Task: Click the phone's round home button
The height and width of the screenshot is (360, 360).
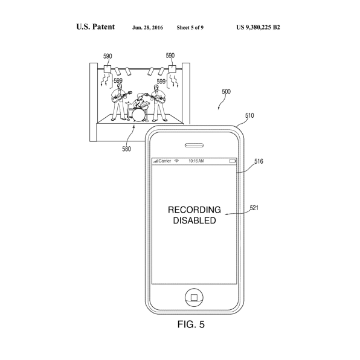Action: click(x=194, y=298)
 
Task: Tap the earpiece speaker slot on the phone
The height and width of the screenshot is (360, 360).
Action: click(x=194, y=145)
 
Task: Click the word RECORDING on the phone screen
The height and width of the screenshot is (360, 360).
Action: click(x=194, y=210)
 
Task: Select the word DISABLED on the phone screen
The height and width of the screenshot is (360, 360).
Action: click(x=194, y=220)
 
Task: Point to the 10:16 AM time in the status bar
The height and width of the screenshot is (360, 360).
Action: click(x=196, y=161)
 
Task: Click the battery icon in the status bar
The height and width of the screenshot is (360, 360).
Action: click(x=233, y=161)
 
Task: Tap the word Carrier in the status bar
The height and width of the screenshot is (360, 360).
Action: click(x=165, y=161)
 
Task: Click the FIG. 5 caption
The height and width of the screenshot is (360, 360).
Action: click(x=191, y=324)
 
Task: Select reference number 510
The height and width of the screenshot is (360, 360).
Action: click(x=249, y=115)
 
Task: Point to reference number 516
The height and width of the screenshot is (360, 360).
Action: click(x=259, y=161)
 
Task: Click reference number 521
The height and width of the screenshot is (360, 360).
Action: click(x=254, y=208)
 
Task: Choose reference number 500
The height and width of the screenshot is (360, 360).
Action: click(x=226, y=92)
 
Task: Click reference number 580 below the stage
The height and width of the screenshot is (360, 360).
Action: click(x=126, y=149)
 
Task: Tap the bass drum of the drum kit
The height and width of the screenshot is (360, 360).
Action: click(x=138, y=115)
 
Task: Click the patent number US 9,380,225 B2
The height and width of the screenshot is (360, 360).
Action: click(x=258, y=27)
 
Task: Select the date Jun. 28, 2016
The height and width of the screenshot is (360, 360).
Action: click(x=147, y=28)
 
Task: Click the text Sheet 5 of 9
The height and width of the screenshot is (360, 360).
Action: click(x=190, y=28)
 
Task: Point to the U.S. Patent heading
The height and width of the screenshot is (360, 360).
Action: click(x=95, y=27)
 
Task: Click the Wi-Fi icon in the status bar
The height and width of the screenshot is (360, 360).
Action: click(x=176, y=161)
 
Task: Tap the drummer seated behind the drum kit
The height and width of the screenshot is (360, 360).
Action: click(x=139, y=100)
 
